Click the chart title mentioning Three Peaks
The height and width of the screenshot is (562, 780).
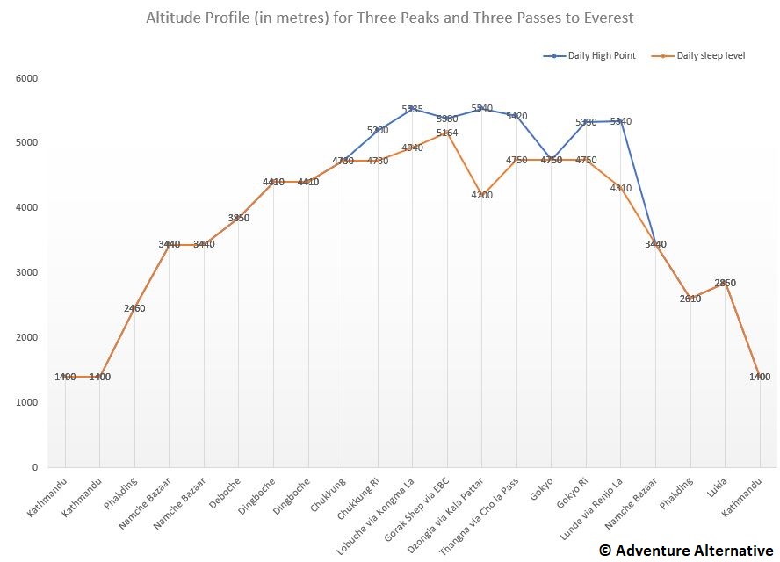[x=389, y=18]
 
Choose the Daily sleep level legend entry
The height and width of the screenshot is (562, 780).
[x=698, y=55]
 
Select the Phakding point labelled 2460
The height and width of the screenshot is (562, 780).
[x=134, y=308]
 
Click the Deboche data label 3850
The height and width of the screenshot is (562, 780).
[x=239, y=218]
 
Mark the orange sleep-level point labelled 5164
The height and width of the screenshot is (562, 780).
[x=447, y=133]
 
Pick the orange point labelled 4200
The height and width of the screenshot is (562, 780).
[x=482, y=195]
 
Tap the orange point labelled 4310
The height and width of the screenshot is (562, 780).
[x=621, y=188]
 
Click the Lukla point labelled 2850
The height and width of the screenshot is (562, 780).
[x=725, y=283]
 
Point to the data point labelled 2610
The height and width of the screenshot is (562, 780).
[x=690, y=299]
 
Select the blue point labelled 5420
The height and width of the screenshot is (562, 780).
[x=516, y=116]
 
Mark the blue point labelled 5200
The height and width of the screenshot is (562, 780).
[x=378, y=130]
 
